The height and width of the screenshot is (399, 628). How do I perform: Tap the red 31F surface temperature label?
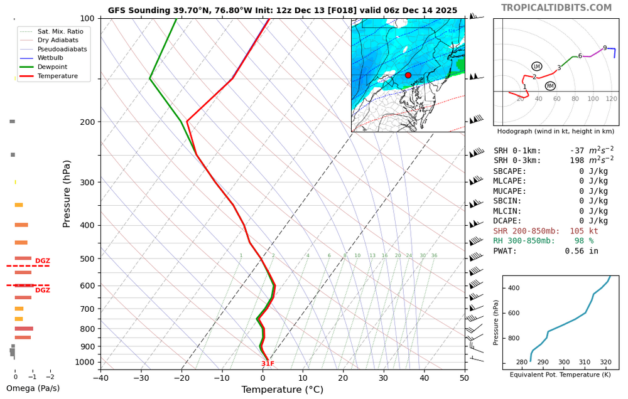pos(268,364)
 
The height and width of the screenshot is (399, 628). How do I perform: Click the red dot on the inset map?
pos(408,75)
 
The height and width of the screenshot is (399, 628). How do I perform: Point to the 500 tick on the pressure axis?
pos(87,258)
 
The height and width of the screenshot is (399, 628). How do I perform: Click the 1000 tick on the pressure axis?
pos(84,362)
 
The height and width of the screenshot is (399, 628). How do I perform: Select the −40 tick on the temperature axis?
pos(100,378)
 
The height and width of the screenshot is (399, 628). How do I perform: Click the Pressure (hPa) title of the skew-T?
pos(67,194)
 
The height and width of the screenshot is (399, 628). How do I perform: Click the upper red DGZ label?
pos(43,261)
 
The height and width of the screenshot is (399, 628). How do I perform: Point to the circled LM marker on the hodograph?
pos(536,66)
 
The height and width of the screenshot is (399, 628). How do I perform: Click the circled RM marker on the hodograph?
pos(550,86)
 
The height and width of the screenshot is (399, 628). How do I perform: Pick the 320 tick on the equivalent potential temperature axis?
pos(605,362)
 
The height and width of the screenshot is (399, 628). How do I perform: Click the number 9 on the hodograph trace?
pos(605,48)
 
